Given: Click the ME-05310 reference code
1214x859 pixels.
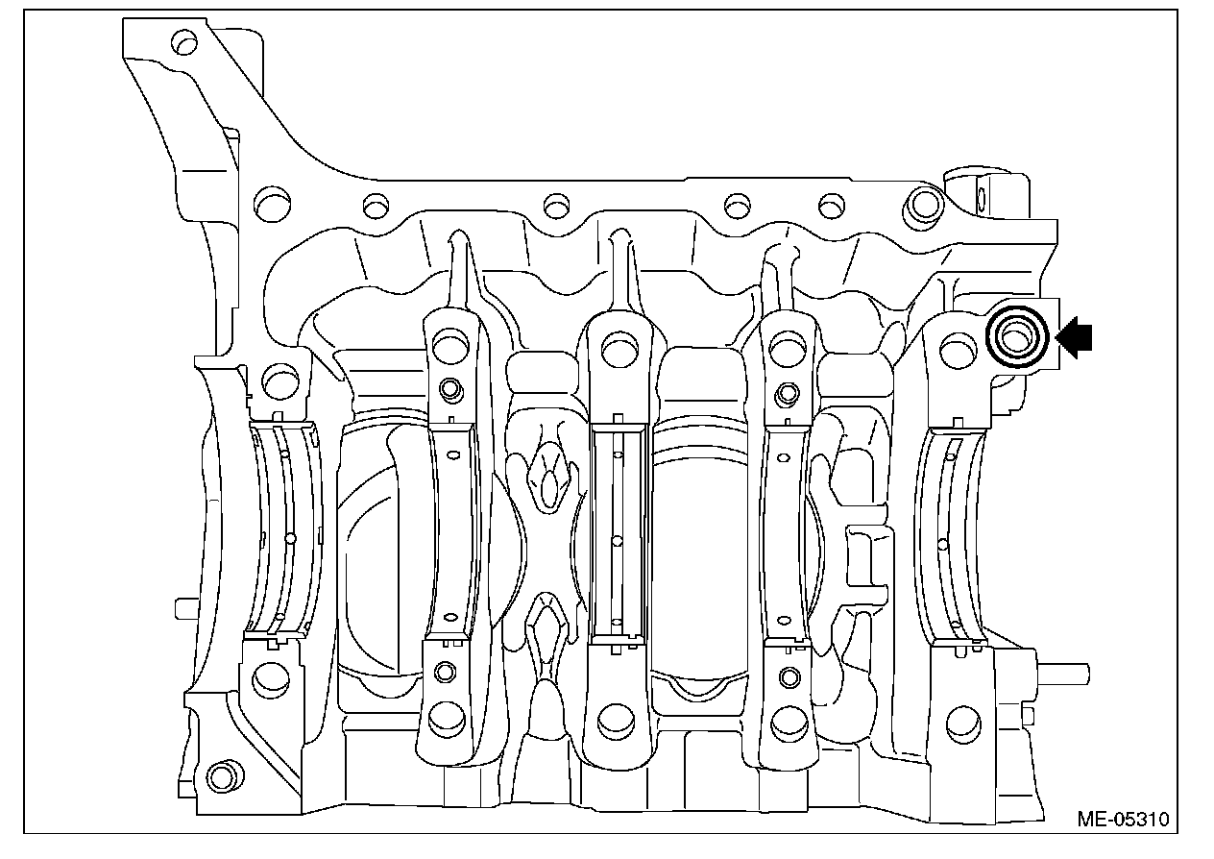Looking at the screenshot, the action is (x=1123, y=819).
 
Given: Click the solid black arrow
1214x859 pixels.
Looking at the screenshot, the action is (x=1074, y=337).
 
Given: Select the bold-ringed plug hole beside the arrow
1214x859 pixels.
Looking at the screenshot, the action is (x=1017, y=337).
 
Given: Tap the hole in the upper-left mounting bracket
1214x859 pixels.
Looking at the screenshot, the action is (x=184, y=41).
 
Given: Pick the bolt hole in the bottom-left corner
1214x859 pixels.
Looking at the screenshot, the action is (x=221, y=777).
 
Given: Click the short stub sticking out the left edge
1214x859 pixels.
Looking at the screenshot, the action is (x=186, y=608).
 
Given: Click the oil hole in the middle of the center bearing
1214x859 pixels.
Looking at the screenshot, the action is (x=617, y=541).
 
